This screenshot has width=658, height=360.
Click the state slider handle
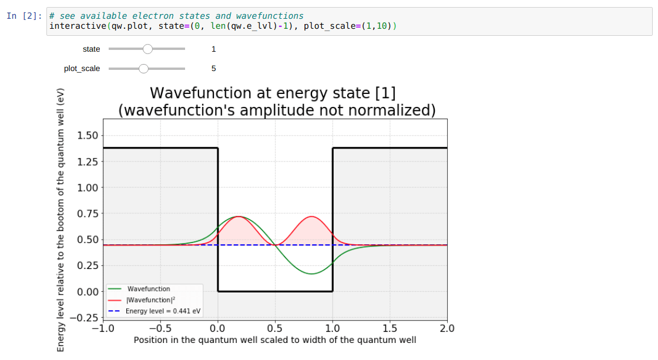coord(147,49)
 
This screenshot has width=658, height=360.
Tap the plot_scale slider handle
coord(143,69)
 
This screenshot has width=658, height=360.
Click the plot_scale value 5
coord(213,69)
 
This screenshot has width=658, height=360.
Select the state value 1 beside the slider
coord(213,49)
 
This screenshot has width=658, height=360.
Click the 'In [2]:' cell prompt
coord(24,16)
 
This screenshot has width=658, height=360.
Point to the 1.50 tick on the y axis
coord(87,136)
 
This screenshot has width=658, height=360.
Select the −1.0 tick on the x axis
coord(103,328)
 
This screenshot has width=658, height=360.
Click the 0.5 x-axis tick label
coord(275,328)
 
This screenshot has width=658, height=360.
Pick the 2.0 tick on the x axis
coord(447,328)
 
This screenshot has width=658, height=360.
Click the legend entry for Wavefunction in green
coord(149,289)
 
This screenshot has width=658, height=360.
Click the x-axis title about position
coord(275,340)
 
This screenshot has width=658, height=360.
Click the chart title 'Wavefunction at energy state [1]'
coord(274,93)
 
